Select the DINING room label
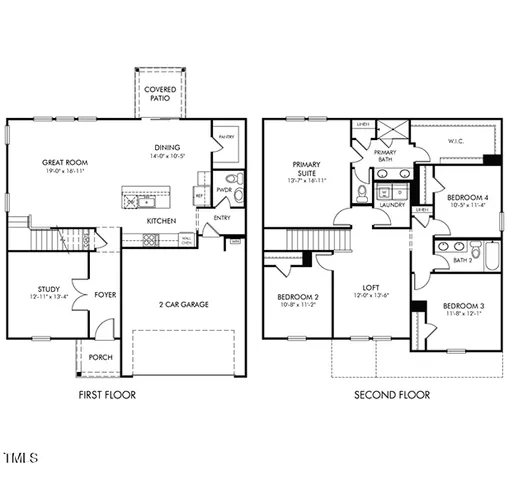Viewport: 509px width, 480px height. (x=167, y=145)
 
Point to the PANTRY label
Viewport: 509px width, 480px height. (x=225, y=138)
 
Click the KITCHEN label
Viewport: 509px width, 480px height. (x=162, y=220)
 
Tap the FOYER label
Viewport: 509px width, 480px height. (x=104, y=295)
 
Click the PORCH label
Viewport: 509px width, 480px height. (x=100, y=357)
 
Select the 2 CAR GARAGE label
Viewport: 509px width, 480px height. (x=184, y=303)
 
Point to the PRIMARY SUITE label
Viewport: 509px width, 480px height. (x=304, y=169)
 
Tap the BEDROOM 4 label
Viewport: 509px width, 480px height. (x=467, y=197)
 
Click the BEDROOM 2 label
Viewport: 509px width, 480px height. (x=297, y=297)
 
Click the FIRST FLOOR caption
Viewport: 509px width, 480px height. (x=107, y=395)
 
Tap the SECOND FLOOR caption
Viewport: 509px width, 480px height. (x=392, y=395)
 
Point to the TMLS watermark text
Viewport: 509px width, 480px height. (x=20, y=459)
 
